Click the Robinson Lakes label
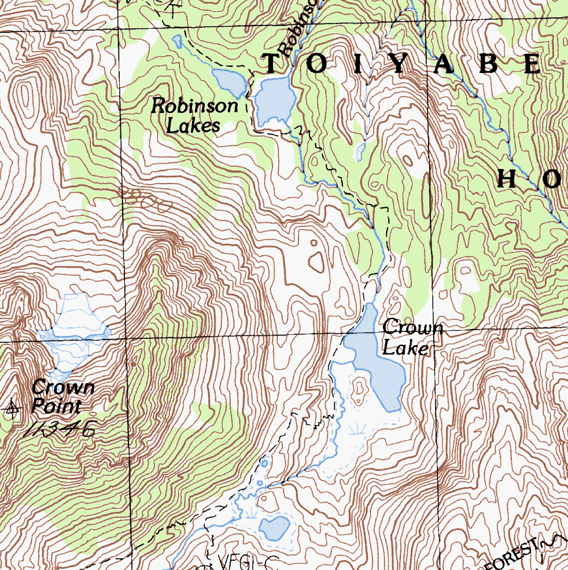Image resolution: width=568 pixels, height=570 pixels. pyautogui.click(x=194, y=115)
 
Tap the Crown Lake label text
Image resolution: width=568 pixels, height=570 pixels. pyautogui.click(x=412, y=337)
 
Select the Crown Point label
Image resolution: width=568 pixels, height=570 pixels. pyautogui.click(x=62, y=396)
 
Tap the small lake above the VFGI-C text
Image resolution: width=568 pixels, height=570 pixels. pyautogui.click(x=274, y=528)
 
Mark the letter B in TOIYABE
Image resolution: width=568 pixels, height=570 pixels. pyautogui.click(x=489, y=64)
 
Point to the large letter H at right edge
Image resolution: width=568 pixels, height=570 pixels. pyautogui.click(x=507, y=179)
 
